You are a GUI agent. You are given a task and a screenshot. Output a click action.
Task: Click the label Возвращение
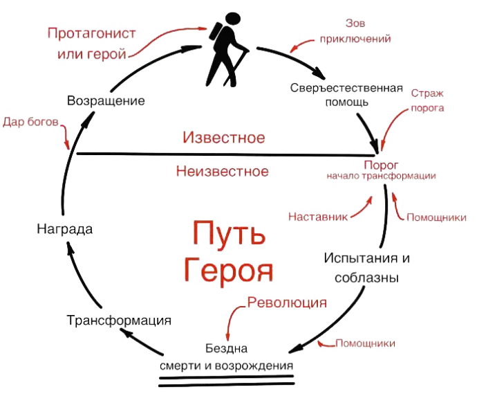click(x=106, y=101)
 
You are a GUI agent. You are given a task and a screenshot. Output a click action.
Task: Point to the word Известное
click(x=225, y=136)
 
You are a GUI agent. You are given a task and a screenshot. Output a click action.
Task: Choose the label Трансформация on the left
click(x=119, y=321)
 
